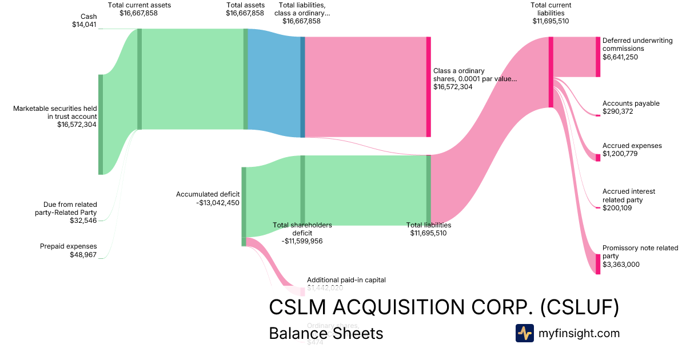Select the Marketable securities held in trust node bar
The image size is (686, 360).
pyautogui.click(x=101, y=124)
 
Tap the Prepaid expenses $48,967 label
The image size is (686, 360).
pyautogui.click(x=69, y=250)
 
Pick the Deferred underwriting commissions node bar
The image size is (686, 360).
pyautogui.click(x=598, y=56)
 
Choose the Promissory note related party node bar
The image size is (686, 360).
pyautogui.click(x=598, y=264)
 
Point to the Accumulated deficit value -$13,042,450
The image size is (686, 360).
pyautogui.click(x=208, y=202)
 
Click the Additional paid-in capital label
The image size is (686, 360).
pyautogui.click(x=346, y=280)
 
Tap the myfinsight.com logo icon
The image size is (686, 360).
pyautogui.click(x=524, y=333)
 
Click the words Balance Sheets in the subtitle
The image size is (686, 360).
pyautogui.click(x=326, y=333)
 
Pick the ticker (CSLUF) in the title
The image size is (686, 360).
pyautogui.click(x=580, y=307)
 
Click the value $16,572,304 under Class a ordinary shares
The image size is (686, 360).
pyautogui.click(x=453, y=87)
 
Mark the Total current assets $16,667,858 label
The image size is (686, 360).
pyautogui.click(x=139, y=9)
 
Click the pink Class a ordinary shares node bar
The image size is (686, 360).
pyautogui.click(x=428, y=87)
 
